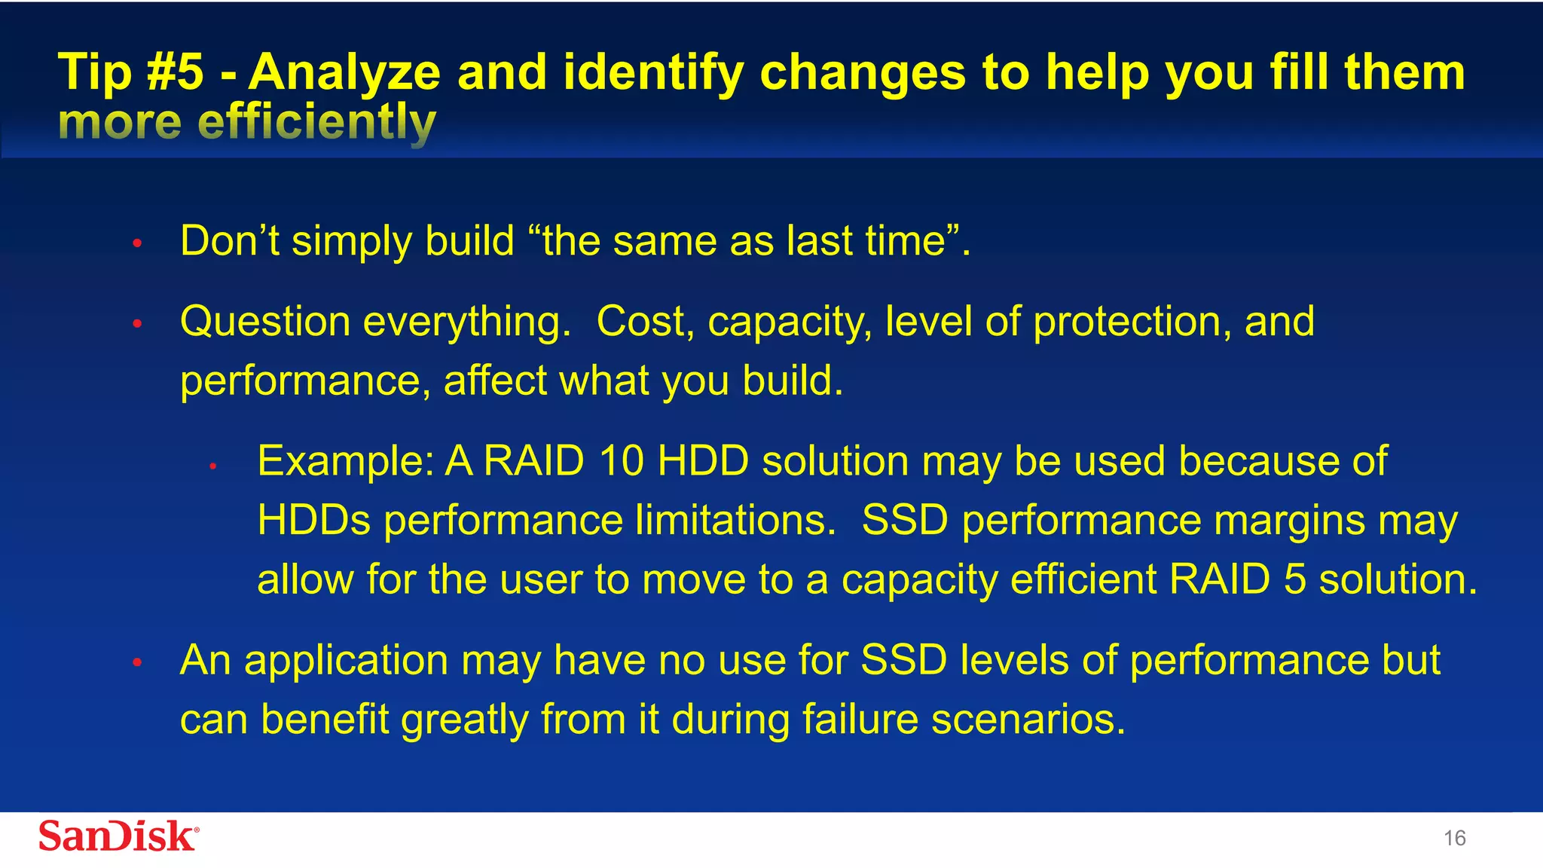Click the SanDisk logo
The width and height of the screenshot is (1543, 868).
118,836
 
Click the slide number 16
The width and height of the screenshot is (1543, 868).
1454,839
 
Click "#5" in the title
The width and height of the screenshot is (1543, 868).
175,72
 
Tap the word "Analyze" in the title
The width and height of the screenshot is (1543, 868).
344,74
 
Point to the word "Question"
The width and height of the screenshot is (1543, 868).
265,322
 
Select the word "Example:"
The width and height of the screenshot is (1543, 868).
345,462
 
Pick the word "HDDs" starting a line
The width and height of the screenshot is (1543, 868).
313,521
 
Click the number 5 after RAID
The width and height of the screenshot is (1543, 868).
1294,579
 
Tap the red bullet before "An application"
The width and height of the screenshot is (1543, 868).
137,663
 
